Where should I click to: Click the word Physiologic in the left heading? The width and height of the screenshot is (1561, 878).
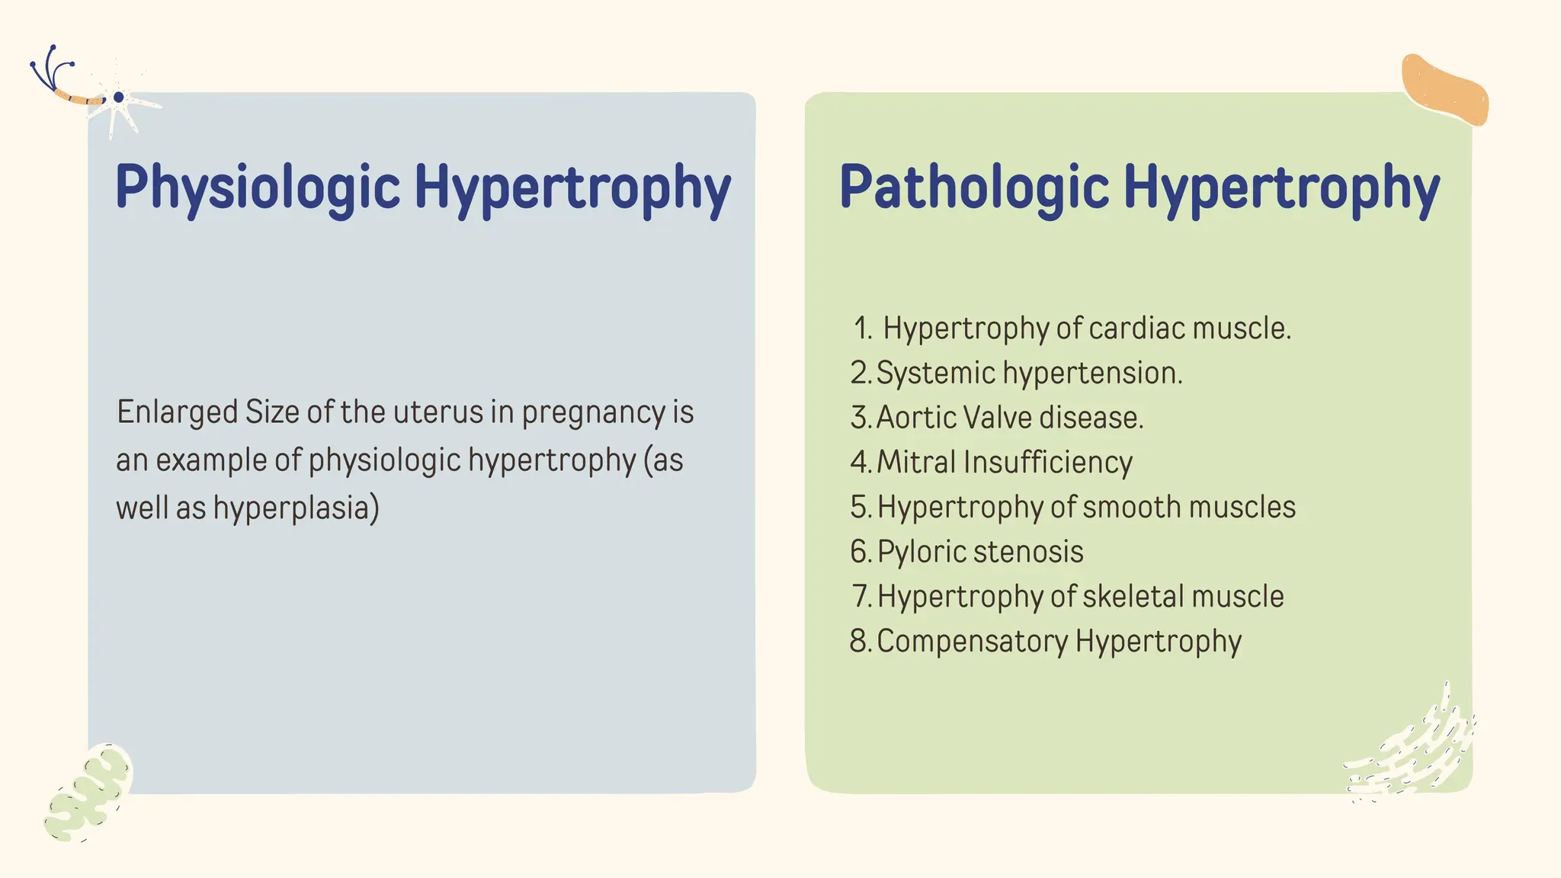(x=257, y=187)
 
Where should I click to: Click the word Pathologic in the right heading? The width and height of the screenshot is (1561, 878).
(x=973, y=187)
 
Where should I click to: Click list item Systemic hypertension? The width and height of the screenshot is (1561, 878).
(x=1029, y=373)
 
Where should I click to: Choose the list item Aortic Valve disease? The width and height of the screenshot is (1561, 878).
(x=1010, y=418)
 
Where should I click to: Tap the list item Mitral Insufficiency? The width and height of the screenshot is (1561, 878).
(x=1005, y=463)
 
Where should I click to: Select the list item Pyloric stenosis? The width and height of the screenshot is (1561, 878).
(x=979, y=552)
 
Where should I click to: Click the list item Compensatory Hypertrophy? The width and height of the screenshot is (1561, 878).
(x=1059, y=642)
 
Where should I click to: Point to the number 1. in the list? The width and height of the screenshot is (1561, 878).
(x=863, y=329)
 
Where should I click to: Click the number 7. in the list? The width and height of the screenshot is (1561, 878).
(x=861, y=597)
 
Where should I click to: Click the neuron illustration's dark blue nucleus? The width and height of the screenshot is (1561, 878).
(x=118, y=98)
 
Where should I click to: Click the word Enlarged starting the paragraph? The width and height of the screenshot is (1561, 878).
(x=177, y=412)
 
